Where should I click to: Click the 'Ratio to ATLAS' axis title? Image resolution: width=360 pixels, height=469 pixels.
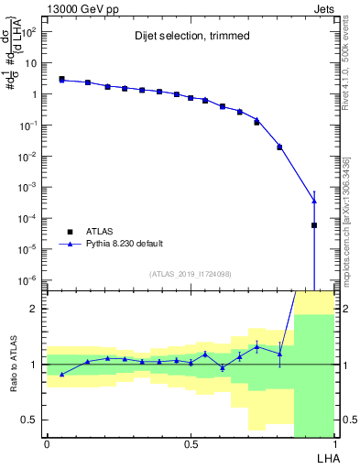tap(12, 364)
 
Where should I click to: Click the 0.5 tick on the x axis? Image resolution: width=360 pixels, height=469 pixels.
tap(191, 444)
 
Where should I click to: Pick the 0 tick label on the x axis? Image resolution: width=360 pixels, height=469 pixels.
tap(47, 444)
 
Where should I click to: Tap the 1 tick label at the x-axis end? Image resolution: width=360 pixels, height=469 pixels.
tap(334, 444)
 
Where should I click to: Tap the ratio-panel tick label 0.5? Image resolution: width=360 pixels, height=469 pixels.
tap(32, 420)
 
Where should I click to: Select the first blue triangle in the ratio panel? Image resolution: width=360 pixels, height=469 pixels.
tap(61, 374)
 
